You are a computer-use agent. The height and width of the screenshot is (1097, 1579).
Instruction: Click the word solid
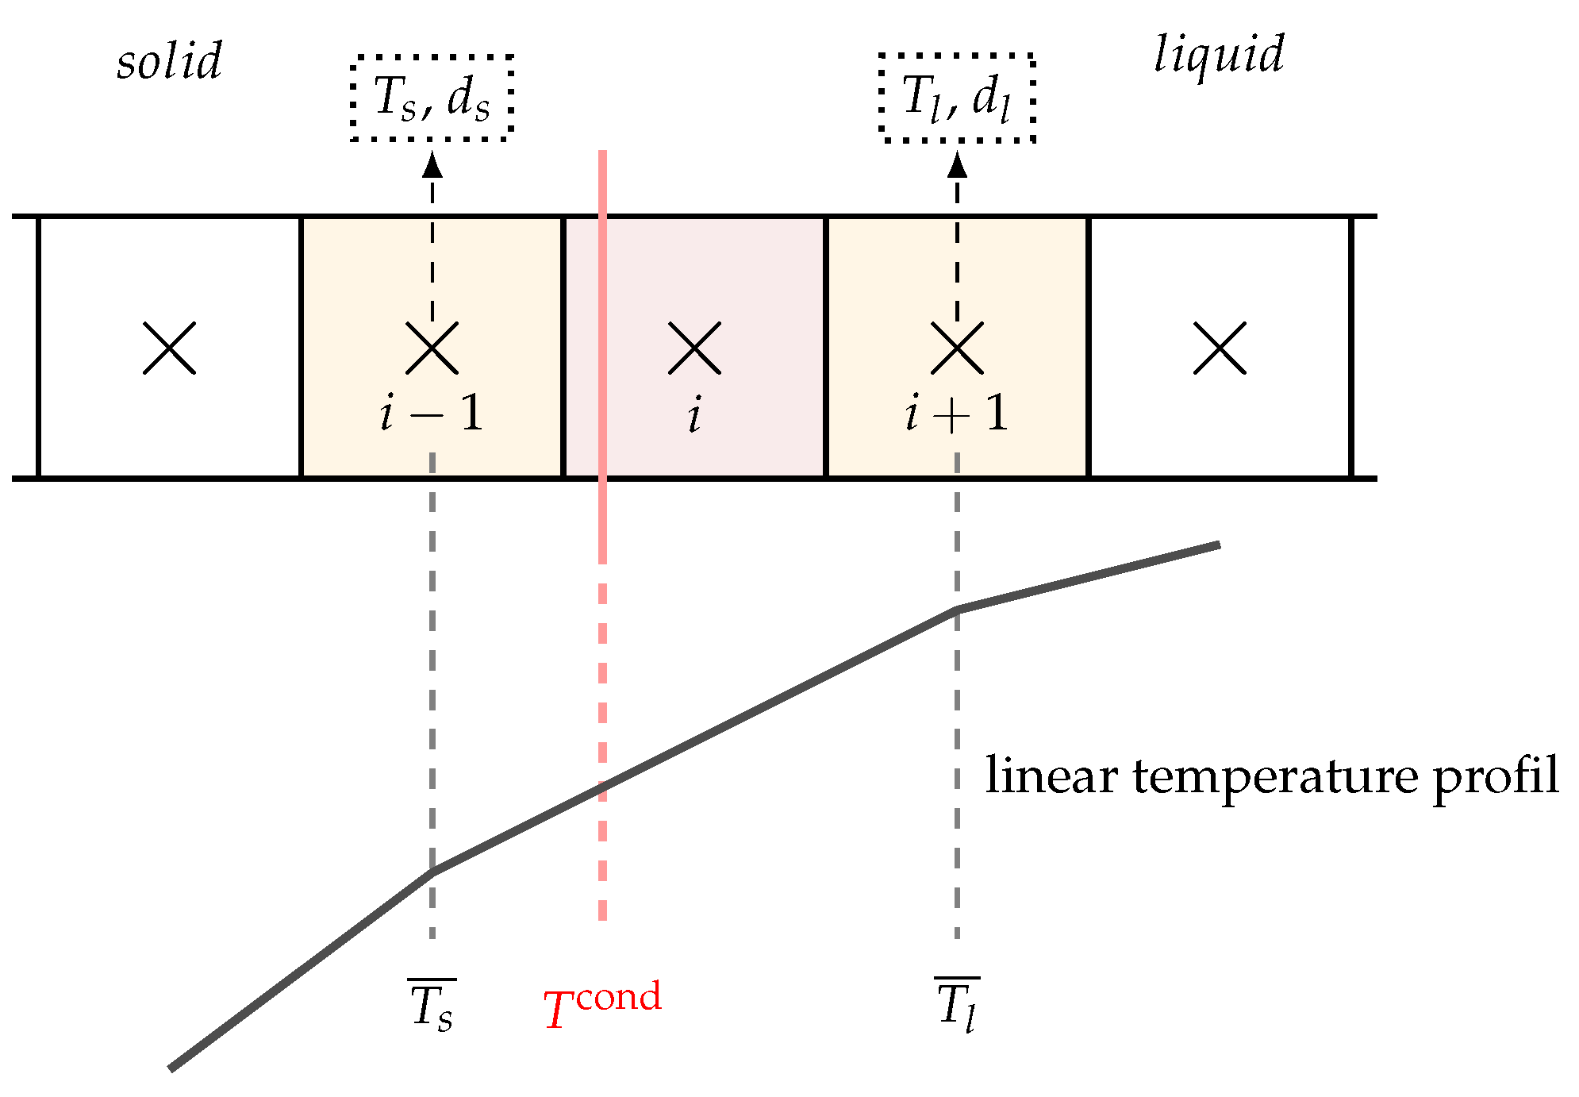[x=169, y=61]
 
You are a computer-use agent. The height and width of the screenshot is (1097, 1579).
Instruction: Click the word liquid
[x=1219, y=55]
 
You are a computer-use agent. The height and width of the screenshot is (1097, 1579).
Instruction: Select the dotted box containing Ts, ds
[x=432, y=98]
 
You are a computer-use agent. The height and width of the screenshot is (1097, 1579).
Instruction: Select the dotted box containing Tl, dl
[x=957, y=98]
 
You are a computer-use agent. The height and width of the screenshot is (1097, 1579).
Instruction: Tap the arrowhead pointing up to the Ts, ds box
[x=432, y=164]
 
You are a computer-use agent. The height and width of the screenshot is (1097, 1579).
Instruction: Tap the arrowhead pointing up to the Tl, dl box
[x=957, y=164]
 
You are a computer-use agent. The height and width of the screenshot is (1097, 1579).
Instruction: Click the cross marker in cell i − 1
[x=432, y=348]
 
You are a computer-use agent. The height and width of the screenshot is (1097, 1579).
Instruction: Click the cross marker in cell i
[x=694, y=348]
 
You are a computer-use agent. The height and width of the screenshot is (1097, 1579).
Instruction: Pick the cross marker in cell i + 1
[x=957, y=348]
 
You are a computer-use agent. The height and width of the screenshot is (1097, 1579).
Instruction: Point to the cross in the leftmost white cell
[x=169, y=348]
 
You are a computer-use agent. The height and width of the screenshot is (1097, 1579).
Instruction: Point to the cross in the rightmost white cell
[x=1220, y=348]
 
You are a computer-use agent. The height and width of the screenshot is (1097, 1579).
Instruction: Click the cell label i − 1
[x=432, y=414]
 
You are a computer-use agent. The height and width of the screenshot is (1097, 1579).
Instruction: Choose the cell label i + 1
[x=957, y=414]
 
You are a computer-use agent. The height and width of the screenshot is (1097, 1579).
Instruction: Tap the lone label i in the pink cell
[x=694, y=414]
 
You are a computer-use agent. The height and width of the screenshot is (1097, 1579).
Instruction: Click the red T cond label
[x=602, y=1005]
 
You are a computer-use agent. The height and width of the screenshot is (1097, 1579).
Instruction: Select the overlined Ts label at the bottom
[x=432, y=1006]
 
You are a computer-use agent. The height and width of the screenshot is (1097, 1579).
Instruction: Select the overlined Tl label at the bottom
[x=957, y=1006]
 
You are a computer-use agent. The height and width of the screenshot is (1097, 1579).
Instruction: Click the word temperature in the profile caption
[x=1274, y=777]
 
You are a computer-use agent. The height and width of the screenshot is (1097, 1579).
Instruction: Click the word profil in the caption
[x=1496, y=777]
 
